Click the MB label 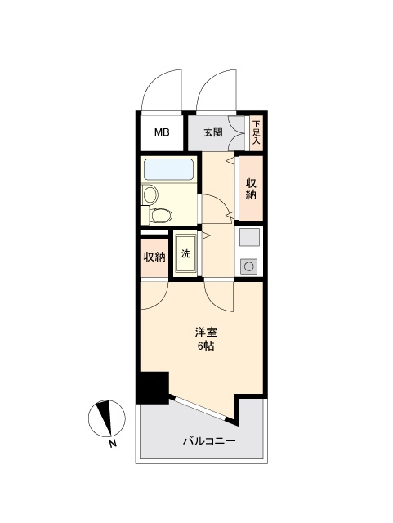[x=162, y=132]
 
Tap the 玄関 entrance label [x=213, y=132]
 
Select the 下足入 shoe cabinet [x=256, y=132]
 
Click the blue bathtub [x=168, y=169]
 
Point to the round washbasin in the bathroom [x=150, y=194]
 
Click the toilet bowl [x=161, y=215]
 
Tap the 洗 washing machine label [x=185, y=253]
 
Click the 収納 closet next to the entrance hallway [x=251, y=189]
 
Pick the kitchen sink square [x=249, y=237]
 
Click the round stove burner [x=248, y=266]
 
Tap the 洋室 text [x=206, y=333]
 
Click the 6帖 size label [x=206, y=346]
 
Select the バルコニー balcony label [x=209, y=441]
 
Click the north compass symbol [x=107, y=418]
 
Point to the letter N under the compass [x=113, y=444]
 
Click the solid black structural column [x=152, y=387]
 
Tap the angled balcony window [x=199, y=409]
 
